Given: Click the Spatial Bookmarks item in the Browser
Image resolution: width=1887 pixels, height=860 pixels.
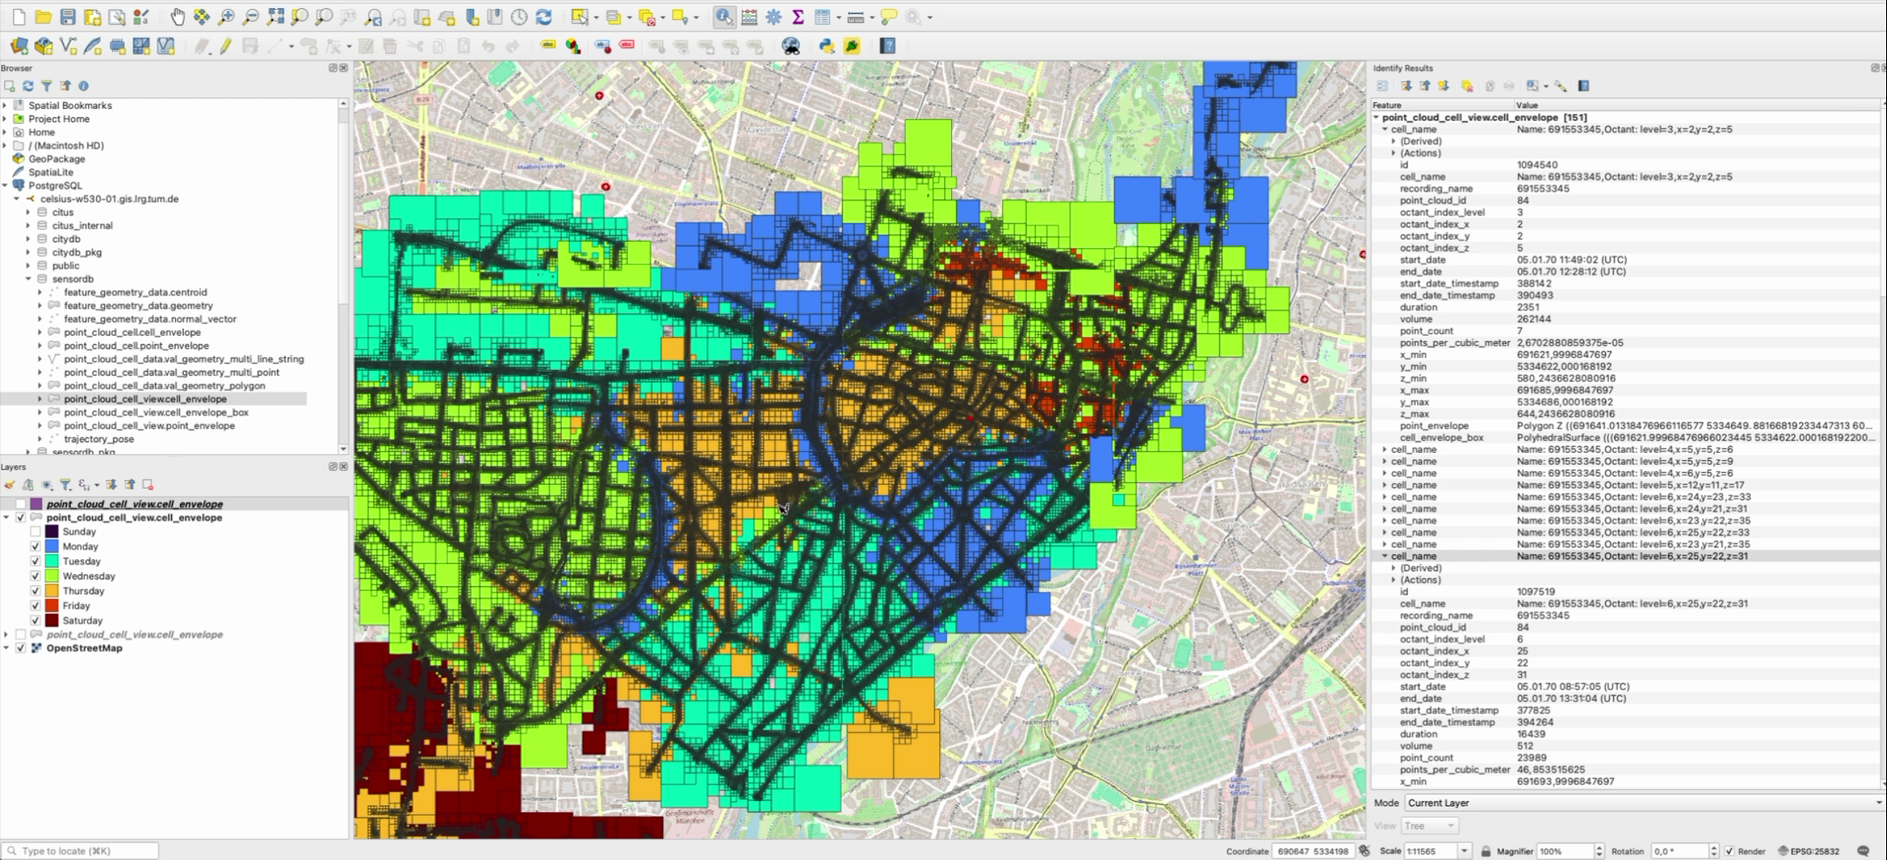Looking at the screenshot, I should (70, 105).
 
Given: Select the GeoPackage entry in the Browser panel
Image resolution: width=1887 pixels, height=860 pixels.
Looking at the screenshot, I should (57, 158).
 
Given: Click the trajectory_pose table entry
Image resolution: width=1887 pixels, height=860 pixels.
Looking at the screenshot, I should (99, 439).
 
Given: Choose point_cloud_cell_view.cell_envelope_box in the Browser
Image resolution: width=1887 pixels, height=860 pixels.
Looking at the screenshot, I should (156, 412).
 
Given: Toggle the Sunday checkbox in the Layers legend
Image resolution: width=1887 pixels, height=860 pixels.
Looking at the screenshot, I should (36, 532).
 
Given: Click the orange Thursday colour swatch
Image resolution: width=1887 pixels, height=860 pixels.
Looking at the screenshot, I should (52, 591).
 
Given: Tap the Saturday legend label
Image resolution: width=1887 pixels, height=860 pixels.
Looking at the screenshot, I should (82, 620).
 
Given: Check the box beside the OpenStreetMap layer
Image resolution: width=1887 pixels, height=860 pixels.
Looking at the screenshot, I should (21, 648).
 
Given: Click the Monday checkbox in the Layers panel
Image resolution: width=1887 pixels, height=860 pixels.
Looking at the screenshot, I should (36, 546).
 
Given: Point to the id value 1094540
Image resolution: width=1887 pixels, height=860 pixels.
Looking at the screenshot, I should (1537, 165).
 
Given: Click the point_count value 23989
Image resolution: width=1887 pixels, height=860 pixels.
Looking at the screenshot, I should (1533, 758).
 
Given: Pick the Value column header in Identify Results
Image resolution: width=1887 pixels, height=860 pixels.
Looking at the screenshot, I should (1526, 105).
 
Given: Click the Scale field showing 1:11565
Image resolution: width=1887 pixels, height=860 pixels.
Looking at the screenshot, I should (1431, 851).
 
